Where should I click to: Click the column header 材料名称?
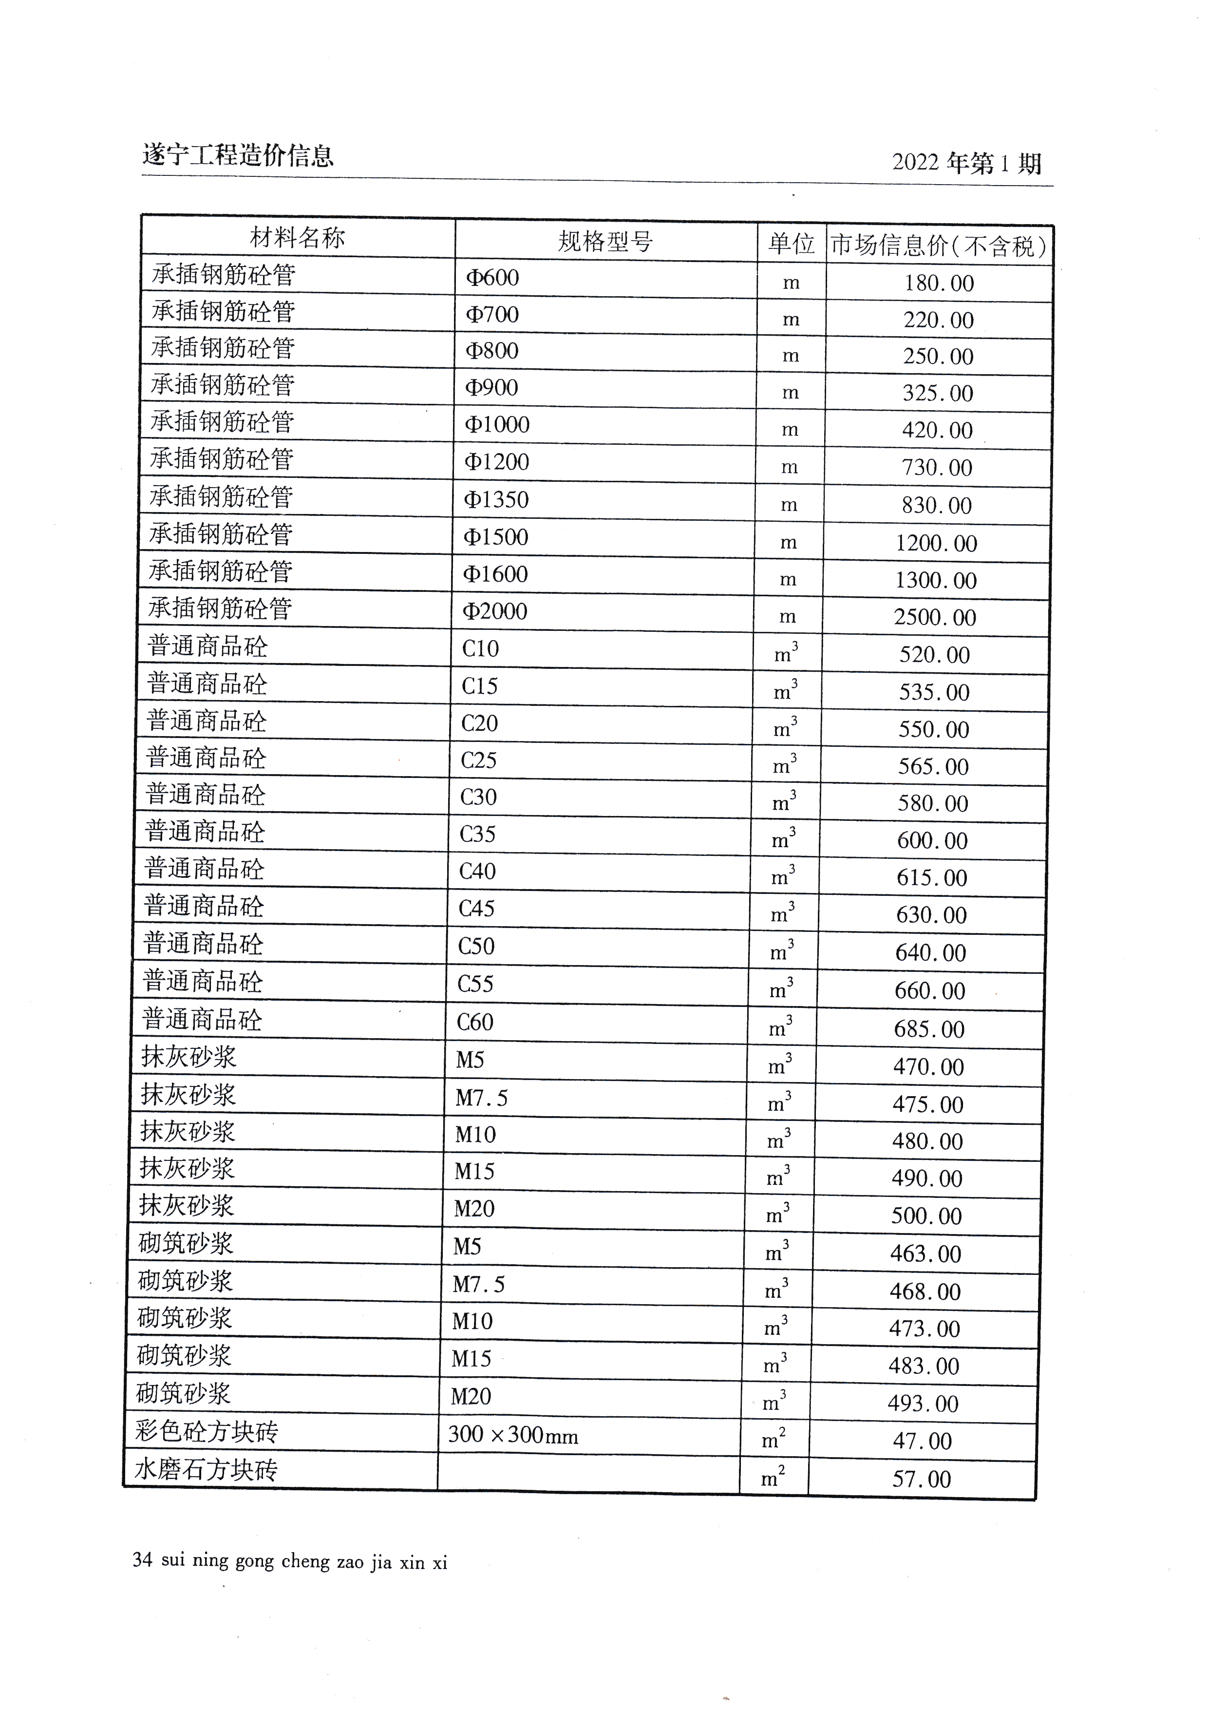[297, 238]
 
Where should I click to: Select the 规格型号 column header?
[605, 241]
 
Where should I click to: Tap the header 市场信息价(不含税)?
[939, 246]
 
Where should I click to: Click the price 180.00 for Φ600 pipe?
[939, 284]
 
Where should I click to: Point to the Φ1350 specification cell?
[496, 499]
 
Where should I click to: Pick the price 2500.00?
[935, 618]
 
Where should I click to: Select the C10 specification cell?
[480, 648]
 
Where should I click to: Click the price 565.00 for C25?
[933, 767]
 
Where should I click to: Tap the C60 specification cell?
[475, 1022]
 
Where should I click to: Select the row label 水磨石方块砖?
[206, 1469]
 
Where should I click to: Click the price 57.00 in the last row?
[922, 1479]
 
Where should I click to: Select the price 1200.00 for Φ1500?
[936, 543]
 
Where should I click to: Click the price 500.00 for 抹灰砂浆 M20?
[926, 1216]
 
